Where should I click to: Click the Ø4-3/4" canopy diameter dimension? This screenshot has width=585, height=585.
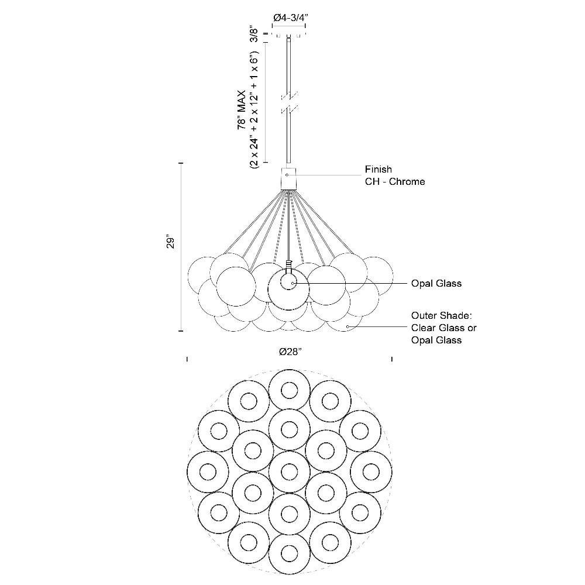[290, 18]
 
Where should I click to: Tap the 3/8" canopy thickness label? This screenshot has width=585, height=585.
[253, 34]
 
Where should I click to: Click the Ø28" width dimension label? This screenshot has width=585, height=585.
[290, 352]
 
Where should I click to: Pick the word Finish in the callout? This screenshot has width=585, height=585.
[378, 170]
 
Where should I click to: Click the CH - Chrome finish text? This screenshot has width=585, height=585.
[395, 182]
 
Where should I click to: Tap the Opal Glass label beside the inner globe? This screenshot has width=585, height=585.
[436, 284]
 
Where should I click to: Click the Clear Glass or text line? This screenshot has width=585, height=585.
[443, 328]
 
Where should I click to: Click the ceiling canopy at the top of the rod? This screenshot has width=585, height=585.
[290, 35]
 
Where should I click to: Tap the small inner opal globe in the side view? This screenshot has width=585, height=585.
[288, 283]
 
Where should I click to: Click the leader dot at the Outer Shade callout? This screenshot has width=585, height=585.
[347, 326]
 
